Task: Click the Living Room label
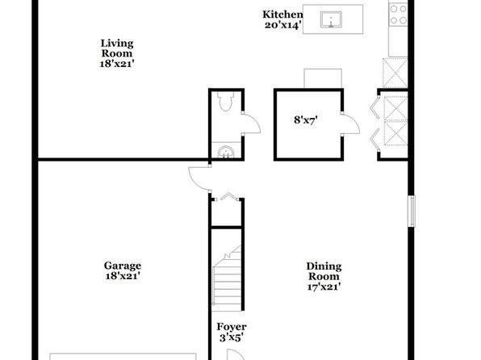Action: coord(117,53)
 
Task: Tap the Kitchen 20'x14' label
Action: coord(282,19)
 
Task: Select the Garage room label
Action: coord(123,270)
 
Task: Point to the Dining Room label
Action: coord(324,276)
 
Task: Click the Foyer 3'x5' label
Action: coord(232,332)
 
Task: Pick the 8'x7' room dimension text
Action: coord(306,119)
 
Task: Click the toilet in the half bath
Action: coord(225,101)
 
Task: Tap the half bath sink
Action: coord(226,152)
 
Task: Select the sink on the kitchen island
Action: coord(331,19)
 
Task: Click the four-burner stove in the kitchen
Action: coord(398,14)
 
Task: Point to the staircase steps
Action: coord(227,278)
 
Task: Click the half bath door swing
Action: coord(251,123)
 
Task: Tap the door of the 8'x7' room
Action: coord(350,123)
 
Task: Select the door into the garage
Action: coord(199,178)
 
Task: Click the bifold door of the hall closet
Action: coord(227,197)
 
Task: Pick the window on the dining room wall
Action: coord(412,211)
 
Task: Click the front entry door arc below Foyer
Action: coord(236,354)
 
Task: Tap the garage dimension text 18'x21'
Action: coord(123,276)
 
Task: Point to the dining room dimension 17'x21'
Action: coord(324,287)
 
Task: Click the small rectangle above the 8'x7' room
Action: coord(323,78)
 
